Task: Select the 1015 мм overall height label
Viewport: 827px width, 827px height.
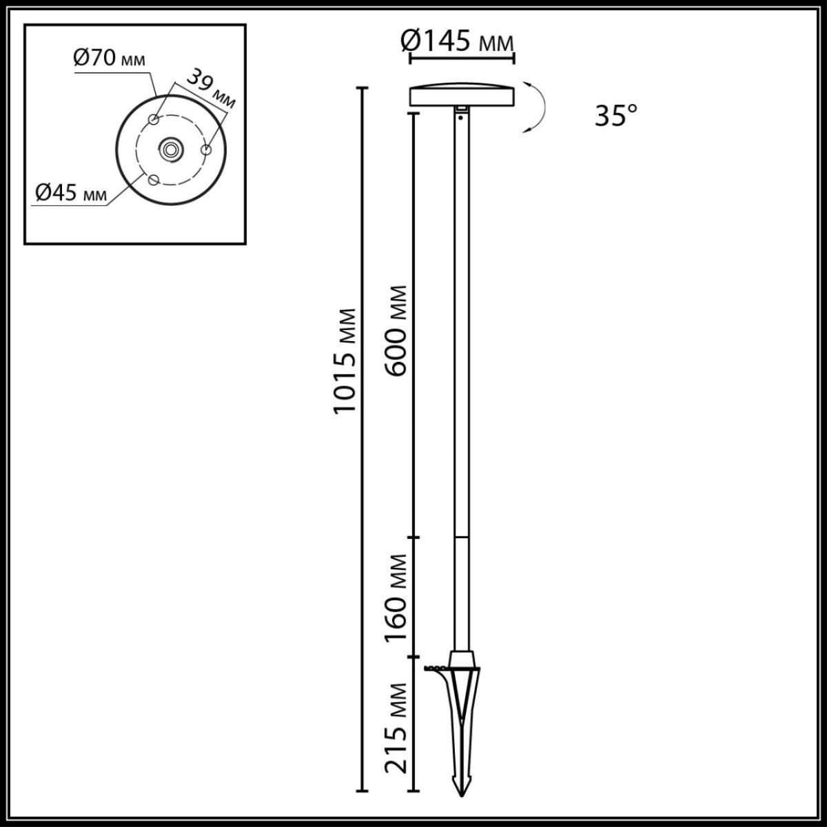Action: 345,360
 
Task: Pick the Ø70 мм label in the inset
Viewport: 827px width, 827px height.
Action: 110,59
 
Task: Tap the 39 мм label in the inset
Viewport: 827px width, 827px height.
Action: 213,89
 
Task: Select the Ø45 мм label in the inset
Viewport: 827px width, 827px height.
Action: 72,194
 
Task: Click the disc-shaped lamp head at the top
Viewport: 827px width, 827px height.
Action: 461,96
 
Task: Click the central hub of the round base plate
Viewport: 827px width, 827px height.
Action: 170,148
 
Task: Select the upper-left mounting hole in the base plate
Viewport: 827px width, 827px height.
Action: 154,121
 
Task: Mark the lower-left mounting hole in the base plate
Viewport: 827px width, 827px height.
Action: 153,179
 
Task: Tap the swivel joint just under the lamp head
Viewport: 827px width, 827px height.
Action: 461,112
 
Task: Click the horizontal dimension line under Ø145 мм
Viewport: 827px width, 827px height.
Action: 461,60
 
